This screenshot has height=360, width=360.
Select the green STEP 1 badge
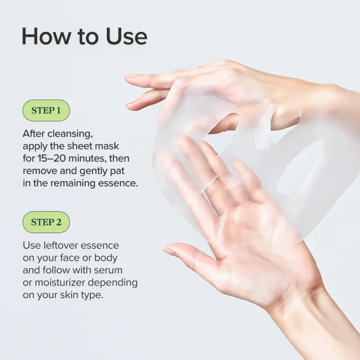click(x=46, y=111)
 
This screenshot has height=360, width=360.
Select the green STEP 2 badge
click(x=46, y=222)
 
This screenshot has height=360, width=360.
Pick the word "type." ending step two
click(x=91, y=295)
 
